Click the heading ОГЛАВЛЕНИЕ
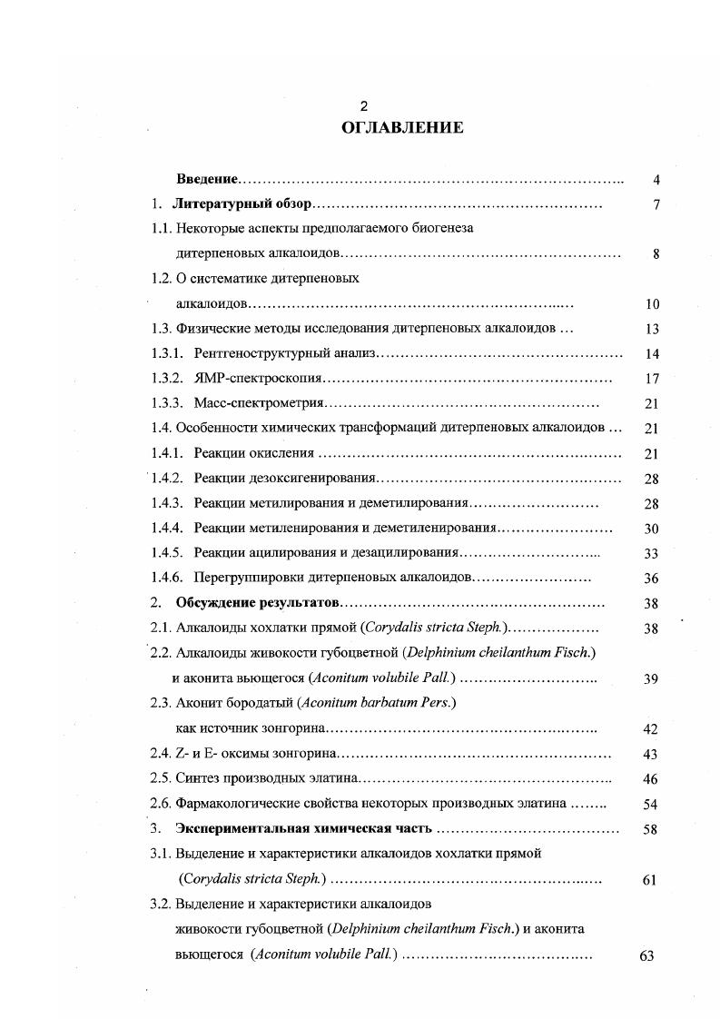point(402,128)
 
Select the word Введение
point(206,180)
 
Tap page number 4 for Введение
point(656,180)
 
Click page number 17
point(651,379)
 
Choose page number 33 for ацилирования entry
point(651,552)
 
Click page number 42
point(650,728)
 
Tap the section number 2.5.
point(160,778)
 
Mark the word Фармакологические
point(234,803)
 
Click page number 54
point(650,804)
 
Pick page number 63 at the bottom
point(646,955)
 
